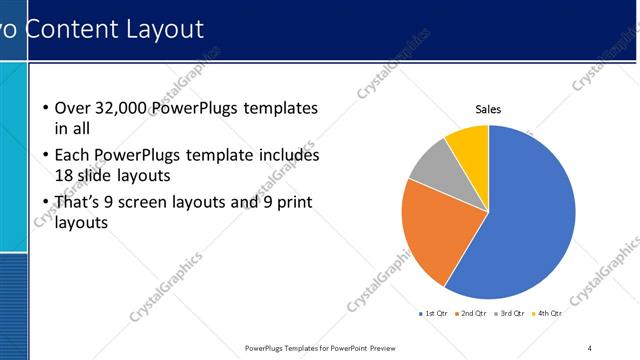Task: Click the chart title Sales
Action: coord(487,110)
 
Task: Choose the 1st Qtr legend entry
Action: coord(433,313)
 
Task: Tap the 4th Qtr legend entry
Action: coord(546,313)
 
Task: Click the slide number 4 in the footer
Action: coord(589,348)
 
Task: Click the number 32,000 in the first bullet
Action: coord(113,108)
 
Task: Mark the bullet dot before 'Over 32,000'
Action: coord(46,108)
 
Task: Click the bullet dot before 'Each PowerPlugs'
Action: coord(46,156)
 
